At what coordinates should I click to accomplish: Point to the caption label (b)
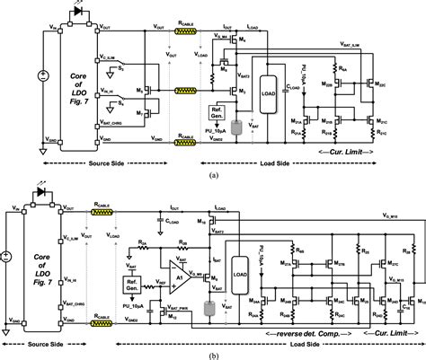pos(213,353)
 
